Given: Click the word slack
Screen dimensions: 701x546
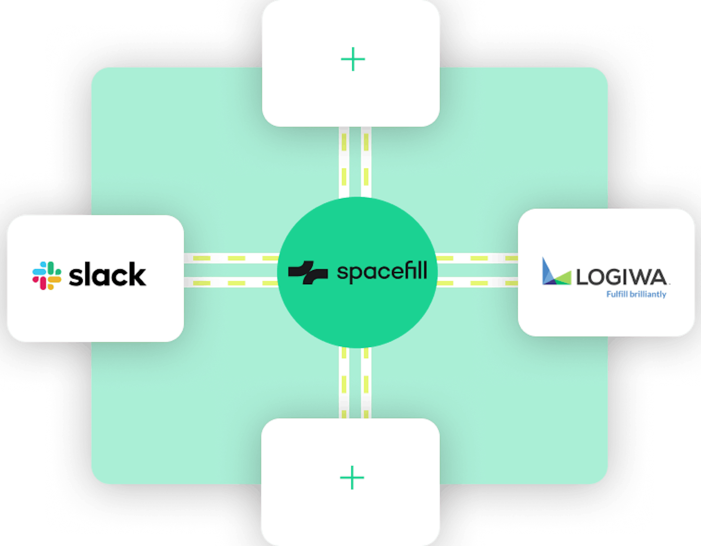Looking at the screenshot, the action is [x=107, y=274].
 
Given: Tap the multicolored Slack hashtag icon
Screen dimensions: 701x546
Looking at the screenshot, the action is [x=47, y=276].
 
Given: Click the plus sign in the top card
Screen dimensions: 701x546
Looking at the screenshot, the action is [x=353, y=59].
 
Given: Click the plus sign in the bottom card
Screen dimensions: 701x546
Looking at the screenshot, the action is [x=352, y=478].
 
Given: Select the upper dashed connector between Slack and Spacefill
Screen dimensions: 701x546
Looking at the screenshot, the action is [x=231, y=258].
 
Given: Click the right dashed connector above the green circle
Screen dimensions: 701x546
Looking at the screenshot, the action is [x=366, y=162].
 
